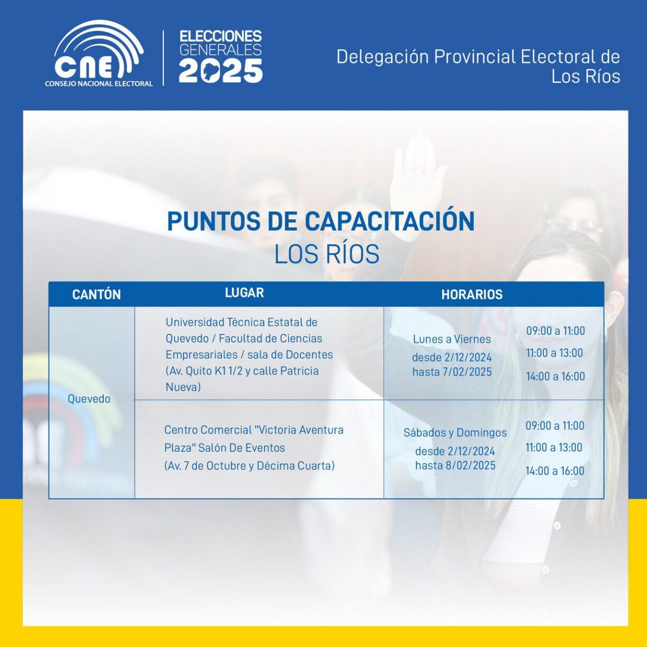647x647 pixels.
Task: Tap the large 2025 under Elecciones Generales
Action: click(220, 71)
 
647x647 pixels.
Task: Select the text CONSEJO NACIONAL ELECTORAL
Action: click(99, 84)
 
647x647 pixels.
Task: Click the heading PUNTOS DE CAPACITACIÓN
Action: click(321, 220)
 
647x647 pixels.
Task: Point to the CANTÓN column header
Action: click(96, 294)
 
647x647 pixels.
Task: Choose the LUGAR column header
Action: click(244, 293)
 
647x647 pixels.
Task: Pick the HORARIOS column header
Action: click(472, 294)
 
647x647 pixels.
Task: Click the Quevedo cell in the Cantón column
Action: click(89, 399)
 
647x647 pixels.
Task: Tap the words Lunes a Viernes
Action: click(452, 339)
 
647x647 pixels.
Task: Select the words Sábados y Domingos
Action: click(455, 433)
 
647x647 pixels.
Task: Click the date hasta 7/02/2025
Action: click(452, 372)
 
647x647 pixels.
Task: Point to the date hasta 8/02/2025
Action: click(455, 465)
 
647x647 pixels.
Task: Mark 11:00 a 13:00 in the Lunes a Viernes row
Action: click(554, 353)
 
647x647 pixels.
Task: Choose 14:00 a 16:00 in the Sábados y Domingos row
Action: click(555, 471)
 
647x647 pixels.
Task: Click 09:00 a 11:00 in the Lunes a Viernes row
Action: click(556, 331)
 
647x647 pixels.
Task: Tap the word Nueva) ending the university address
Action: click(183, 387)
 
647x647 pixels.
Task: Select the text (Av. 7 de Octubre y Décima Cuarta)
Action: click(249, 466)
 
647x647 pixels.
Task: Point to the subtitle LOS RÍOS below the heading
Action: click(327, 254)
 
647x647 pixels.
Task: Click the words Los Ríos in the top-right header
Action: click(586, 76)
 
